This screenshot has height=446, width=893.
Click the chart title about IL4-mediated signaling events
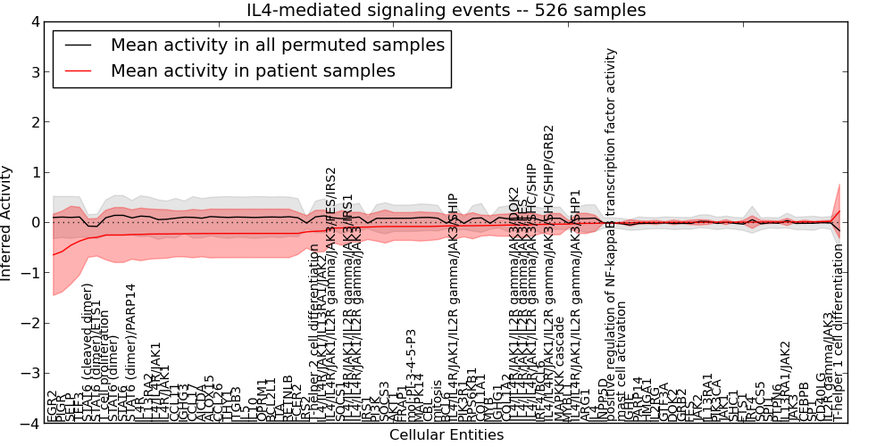[x=446, y=10]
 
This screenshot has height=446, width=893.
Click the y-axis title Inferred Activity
[x=8, y=222]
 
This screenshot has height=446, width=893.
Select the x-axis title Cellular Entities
[x=446, y=435]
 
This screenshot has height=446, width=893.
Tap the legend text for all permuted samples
[x=277, y=45]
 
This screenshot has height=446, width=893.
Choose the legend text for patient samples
[x=253, y=70]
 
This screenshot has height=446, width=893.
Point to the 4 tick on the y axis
[x=34, y=21]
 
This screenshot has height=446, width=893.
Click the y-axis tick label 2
[x=34, y=122]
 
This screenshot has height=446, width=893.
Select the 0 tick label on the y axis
[x=34, y=222]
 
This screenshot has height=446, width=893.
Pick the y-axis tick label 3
[x=34, y=71]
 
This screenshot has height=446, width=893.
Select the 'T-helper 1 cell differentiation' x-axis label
[x=838, y=339]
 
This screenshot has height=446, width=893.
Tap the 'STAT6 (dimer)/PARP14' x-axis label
[x=131, y=353]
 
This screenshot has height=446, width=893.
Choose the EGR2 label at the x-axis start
[x=52, y=406]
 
